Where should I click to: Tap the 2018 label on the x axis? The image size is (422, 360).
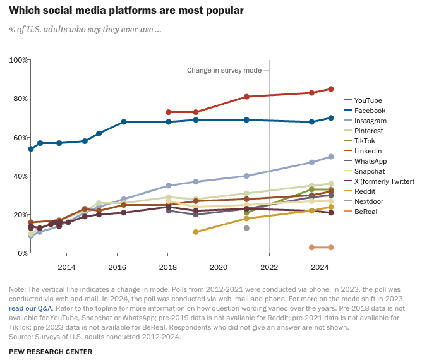168,267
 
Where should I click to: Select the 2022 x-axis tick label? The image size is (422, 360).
270,267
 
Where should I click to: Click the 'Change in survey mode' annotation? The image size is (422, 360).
224,70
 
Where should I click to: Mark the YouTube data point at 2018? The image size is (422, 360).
168,112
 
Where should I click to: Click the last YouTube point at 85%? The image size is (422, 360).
331,89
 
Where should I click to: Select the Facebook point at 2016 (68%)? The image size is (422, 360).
124,122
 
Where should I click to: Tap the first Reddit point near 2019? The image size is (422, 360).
196,232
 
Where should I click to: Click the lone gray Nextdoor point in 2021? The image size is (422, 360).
246,228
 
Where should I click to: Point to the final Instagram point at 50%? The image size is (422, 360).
331,157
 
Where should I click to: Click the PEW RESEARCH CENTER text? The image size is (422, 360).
51,352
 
